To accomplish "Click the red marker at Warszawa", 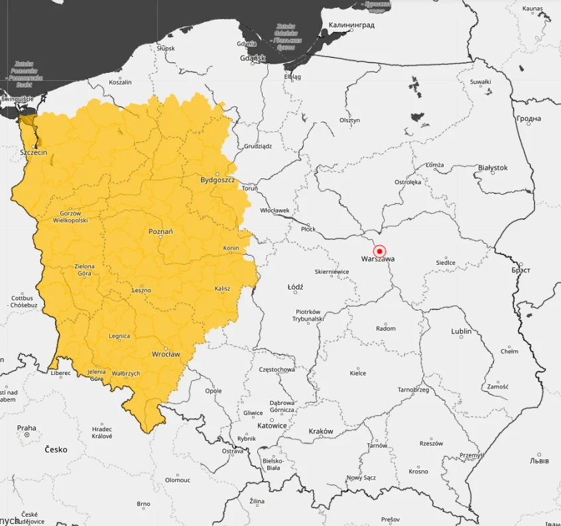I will tap(379, 251).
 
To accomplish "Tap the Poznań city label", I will tap(160, 232).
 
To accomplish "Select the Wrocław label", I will tap(166, 354).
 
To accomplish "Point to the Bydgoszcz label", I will tap(218, 180).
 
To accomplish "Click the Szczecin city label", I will tap(33, 152).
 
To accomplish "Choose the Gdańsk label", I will tap(253, 58).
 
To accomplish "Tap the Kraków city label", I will tap(321, 431).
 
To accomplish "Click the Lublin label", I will tap(462, 331).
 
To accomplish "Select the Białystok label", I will tap(493, 168).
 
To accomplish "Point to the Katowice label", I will tap(272, 426).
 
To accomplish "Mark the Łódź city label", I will tap(295, 288).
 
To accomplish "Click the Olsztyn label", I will tap(349, 121).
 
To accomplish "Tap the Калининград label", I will tap(351, 25).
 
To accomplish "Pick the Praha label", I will tap(27, 428).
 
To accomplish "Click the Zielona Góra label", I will tap(84, 270).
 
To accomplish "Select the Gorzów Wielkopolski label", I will tap(70, 217).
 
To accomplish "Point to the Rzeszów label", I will tap(430, 444).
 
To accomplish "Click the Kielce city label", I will tap(357, 374).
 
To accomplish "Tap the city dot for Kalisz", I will tap(223, 293).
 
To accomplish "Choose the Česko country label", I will tap(56, 450).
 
